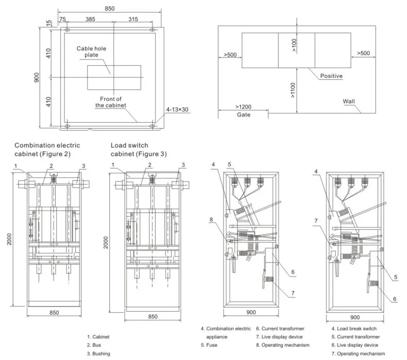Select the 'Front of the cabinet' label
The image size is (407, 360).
[x=111, y=101]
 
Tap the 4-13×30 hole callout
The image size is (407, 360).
[x=178, y=109]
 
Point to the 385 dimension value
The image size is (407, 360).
[x=91, y=19]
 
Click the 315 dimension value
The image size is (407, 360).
[x=133, y=19]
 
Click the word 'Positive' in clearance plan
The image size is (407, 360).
[x=331, y=76]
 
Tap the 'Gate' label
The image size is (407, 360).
[x=244, y=115]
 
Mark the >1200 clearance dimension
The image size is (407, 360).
[x=244, y=107]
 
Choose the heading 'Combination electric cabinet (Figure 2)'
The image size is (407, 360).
[x=47, y=149]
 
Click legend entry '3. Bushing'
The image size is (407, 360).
[x=98, y=353]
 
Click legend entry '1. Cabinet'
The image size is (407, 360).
[x=98, y=337]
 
